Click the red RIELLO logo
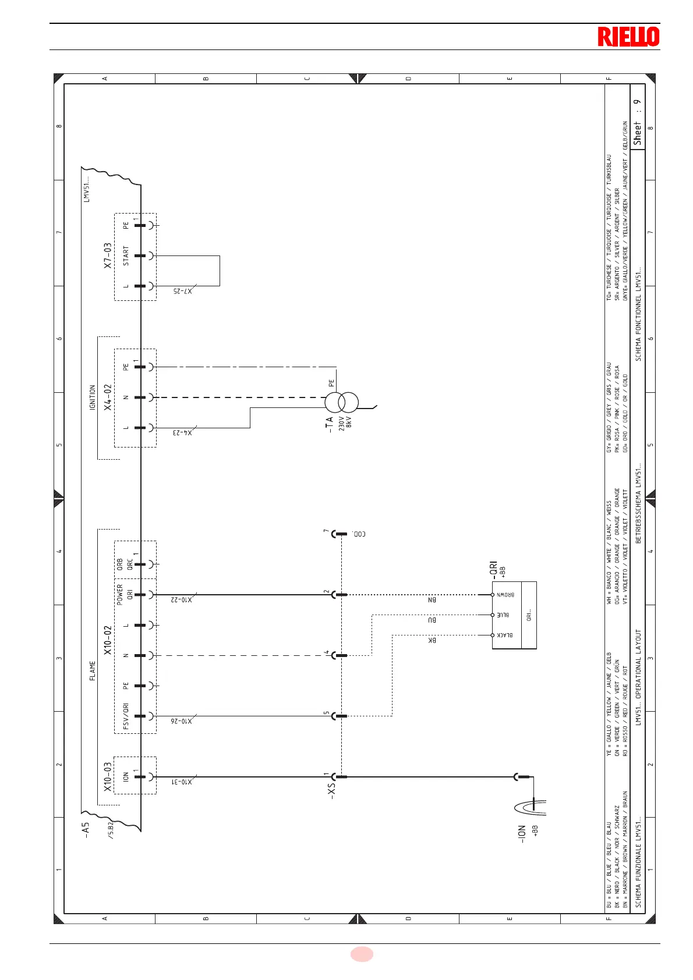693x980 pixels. [628, 37]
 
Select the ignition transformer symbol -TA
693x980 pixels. [341, 402]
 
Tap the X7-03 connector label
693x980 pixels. [108, 256]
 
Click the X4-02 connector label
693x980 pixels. [108, 397]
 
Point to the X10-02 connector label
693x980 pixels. [108, 640]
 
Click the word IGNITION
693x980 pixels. [93, 397]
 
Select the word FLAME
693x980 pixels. [93, 671]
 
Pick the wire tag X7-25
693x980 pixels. [182, 291]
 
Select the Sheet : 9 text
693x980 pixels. [638, 122]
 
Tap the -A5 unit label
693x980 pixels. [86, 829]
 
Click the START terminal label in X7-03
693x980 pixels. [126, 256]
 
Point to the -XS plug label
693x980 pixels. [331, 790]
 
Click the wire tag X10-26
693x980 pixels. [182, 721]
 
